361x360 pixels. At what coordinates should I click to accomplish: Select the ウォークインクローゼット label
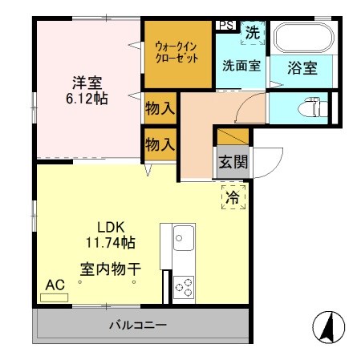(x=176, y=52)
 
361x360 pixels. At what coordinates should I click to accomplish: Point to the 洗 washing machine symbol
(x=252, y=33)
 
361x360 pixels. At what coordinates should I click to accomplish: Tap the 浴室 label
(x=303, y=68)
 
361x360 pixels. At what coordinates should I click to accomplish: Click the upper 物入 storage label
(x=160, y=108)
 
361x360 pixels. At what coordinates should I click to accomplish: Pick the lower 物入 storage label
(x=160, y=144)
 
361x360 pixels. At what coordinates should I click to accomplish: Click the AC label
(x=55, y=285)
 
